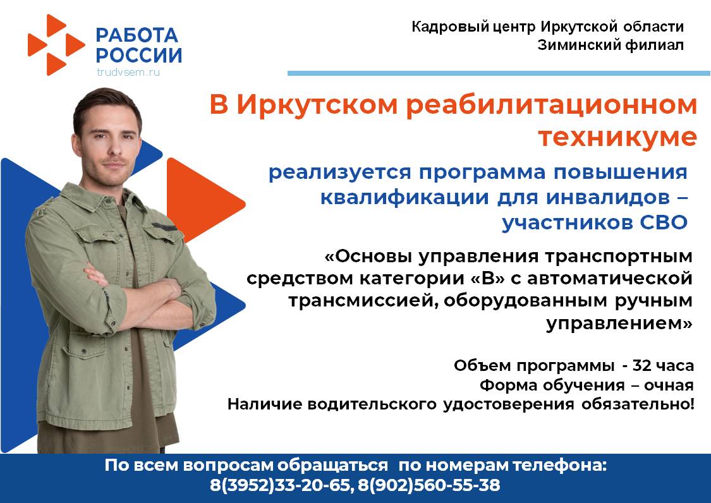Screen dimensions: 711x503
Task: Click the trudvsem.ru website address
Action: tap(128, 71)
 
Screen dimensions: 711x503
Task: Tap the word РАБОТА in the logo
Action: tap(137, 35)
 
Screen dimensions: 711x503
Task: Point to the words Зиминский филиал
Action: tap(611, 45)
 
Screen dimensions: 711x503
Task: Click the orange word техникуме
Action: tap(617, 136)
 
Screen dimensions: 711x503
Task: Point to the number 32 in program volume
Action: tap(642, 365)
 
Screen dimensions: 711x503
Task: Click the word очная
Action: tap(669, 385)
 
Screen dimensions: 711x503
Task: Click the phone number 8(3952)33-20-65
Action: tap(280, 485)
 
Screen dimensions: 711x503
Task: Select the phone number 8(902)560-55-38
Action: tap(429, 485)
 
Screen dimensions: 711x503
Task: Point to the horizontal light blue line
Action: tap(499, 73)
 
